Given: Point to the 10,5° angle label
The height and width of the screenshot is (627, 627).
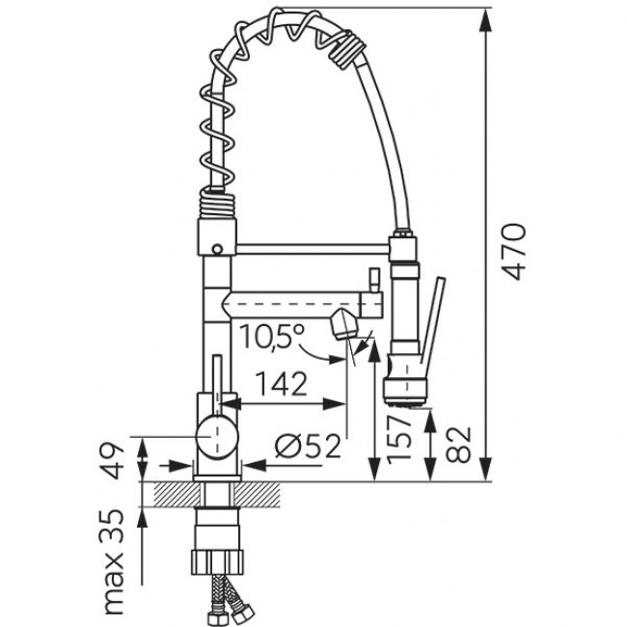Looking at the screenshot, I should point(272,337).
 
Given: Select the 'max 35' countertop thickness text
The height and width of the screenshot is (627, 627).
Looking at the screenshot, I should point(114,561).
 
